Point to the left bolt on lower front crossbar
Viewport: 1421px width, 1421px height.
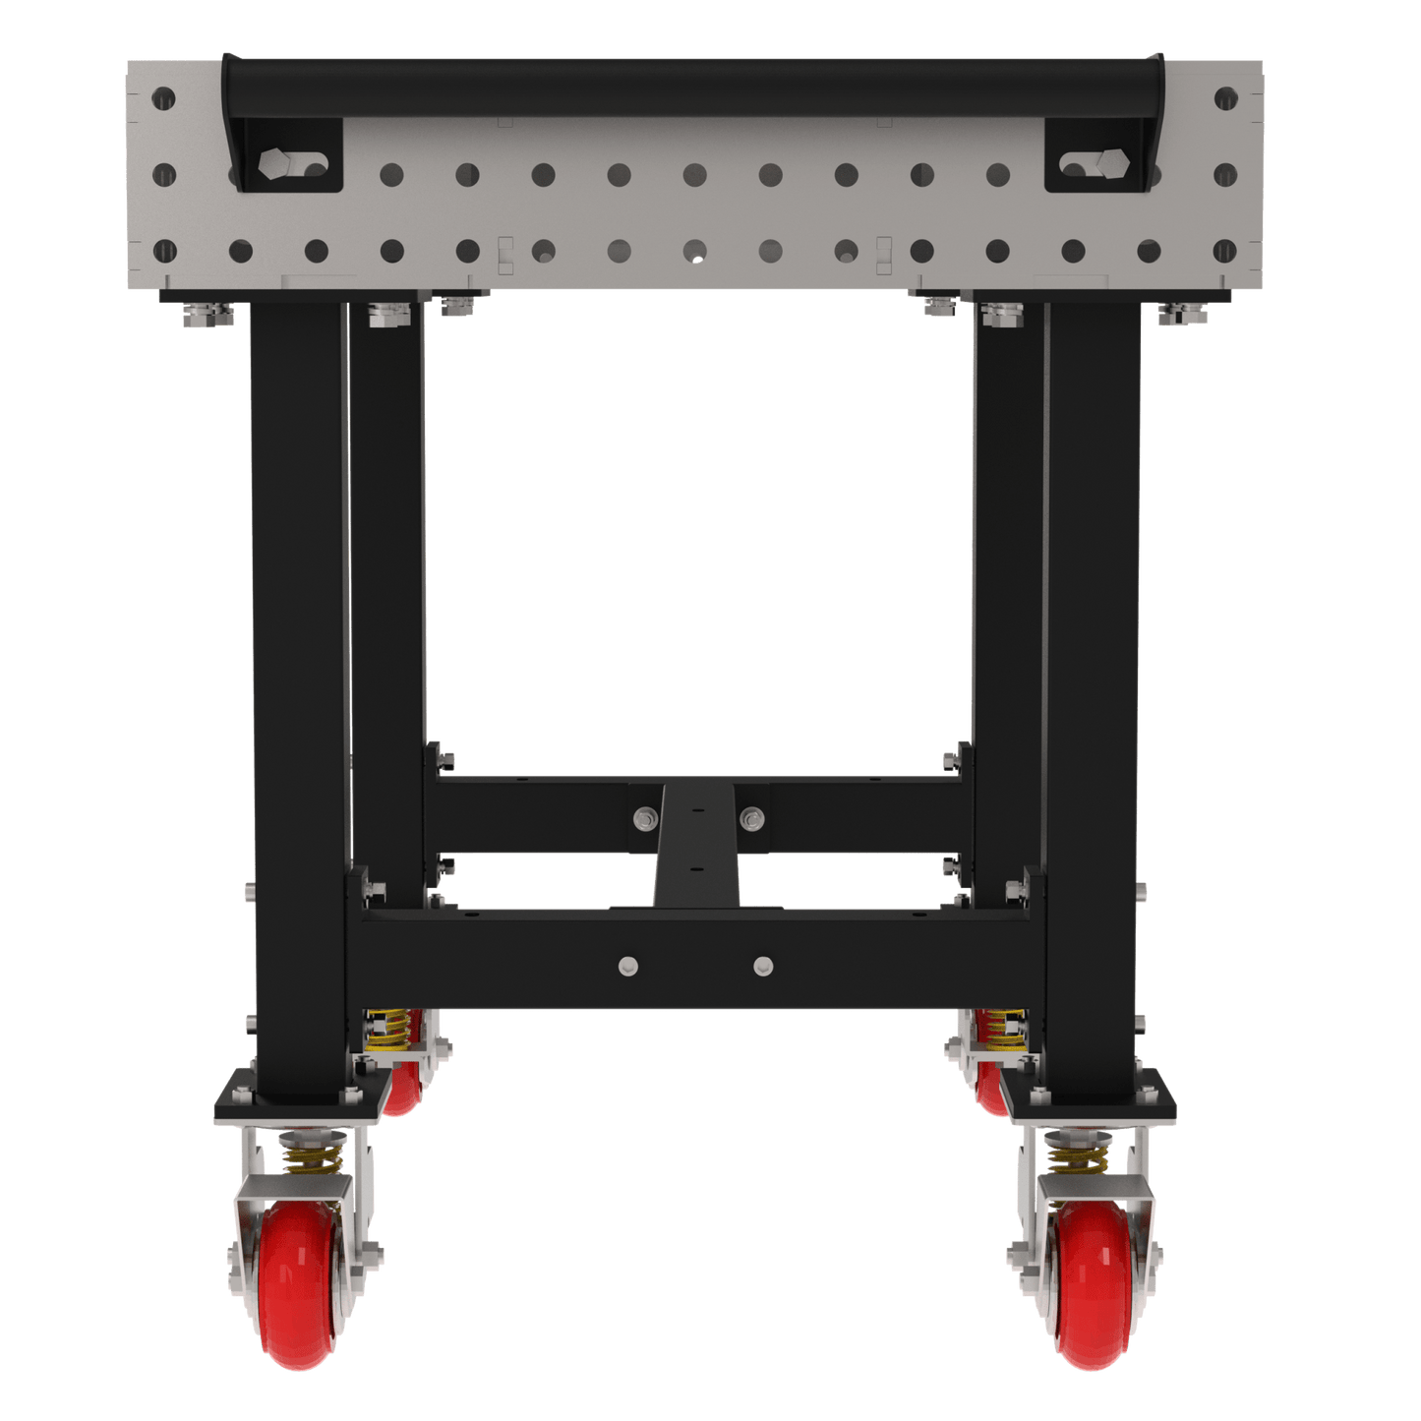pyautogui.click(x=626, y=966)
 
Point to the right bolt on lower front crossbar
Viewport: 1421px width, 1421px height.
pyautogui.click(x=763, y=966)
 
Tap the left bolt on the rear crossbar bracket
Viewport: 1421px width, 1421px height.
pyautogui.click(x=645, y=816)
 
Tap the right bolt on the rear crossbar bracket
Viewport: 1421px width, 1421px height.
pyautogui.click(x=751, y=816)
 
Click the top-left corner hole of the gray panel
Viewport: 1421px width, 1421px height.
pyautogui.click(x=163, y=98)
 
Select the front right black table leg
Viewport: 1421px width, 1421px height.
pyautogui.click(x=1094, y=688)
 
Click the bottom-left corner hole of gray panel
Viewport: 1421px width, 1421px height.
pyautogui.click(x=163, y=252)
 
